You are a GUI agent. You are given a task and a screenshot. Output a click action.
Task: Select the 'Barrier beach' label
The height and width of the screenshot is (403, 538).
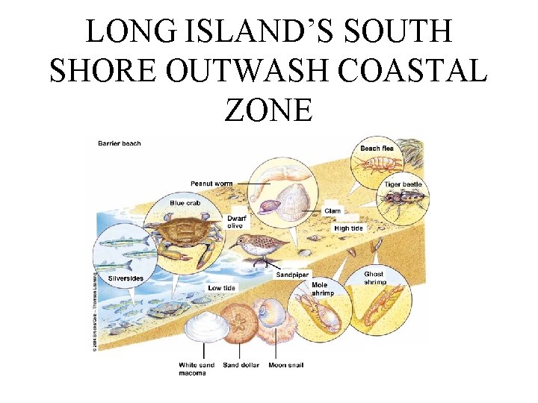(120, 143)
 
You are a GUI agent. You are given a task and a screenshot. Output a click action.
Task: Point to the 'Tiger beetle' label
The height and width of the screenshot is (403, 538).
(403, 184)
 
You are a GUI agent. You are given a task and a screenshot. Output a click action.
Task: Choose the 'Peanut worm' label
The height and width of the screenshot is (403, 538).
(211, 183)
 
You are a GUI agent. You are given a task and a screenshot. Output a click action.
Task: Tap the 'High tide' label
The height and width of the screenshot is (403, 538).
(349, 228)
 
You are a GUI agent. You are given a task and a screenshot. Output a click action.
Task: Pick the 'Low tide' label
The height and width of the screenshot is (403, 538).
(223, 287)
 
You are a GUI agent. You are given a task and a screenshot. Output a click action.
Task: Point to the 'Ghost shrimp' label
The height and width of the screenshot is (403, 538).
(374, 278)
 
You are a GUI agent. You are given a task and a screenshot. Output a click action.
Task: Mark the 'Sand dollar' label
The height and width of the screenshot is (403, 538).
(241, 366)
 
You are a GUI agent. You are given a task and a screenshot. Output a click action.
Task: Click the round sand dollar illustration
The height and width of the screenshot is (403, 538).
(240, 322)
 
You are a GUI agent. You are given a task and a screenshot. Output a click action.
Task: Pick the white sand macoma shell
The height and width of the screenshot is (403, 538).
(203, 327)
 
